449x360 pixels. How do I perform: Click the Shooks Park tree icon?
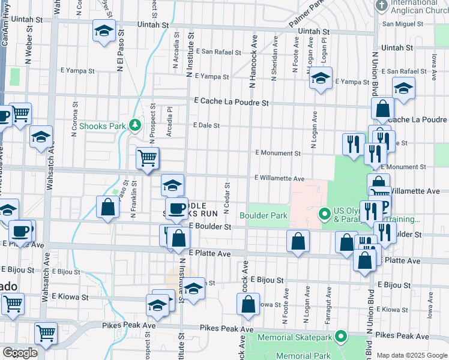pos(136,125)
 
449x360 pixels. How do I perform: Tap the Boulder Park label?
pos(264,215)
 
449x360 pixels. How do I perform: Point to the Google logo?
pos(20,353)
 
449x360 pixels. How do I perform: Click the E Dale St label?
pos(206,125)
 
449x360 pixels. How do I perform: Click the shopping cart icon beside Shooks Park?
pos(147,158)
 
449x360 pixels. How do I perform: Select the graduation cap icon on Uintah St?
pos(104,31)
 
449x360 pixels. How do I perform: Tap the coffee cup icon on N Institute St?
pos(176,208)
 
